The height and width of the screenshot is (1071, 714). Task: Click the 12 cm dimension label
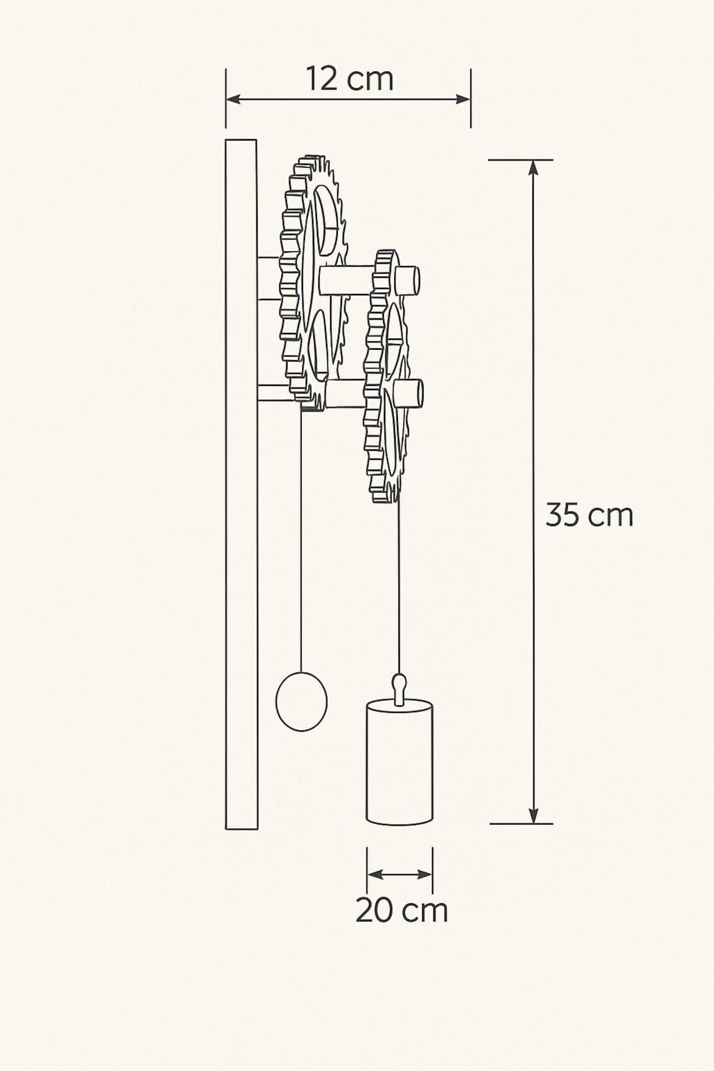coord(349,79)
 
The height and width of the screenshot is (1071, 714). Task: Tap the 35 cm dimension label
coord(589,515)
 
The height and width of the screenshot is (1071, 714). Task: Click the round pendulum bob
coord(301,702)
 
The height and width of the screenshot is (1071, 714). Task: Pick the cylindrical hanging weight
coord(399,764)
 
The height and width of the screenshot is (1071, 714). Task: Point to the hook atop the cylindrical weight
coord(399,688)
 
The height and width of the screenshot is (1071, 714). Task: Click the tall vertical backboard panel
coord(241,483)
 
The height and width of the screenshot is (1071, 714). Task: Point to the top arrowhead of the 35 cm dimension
coord(533,168)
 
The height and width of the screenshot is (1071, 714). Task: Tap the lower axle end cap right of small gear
coord(409,393)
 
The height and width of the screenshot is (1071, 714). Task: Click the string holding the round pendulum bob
coord(301,537)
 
